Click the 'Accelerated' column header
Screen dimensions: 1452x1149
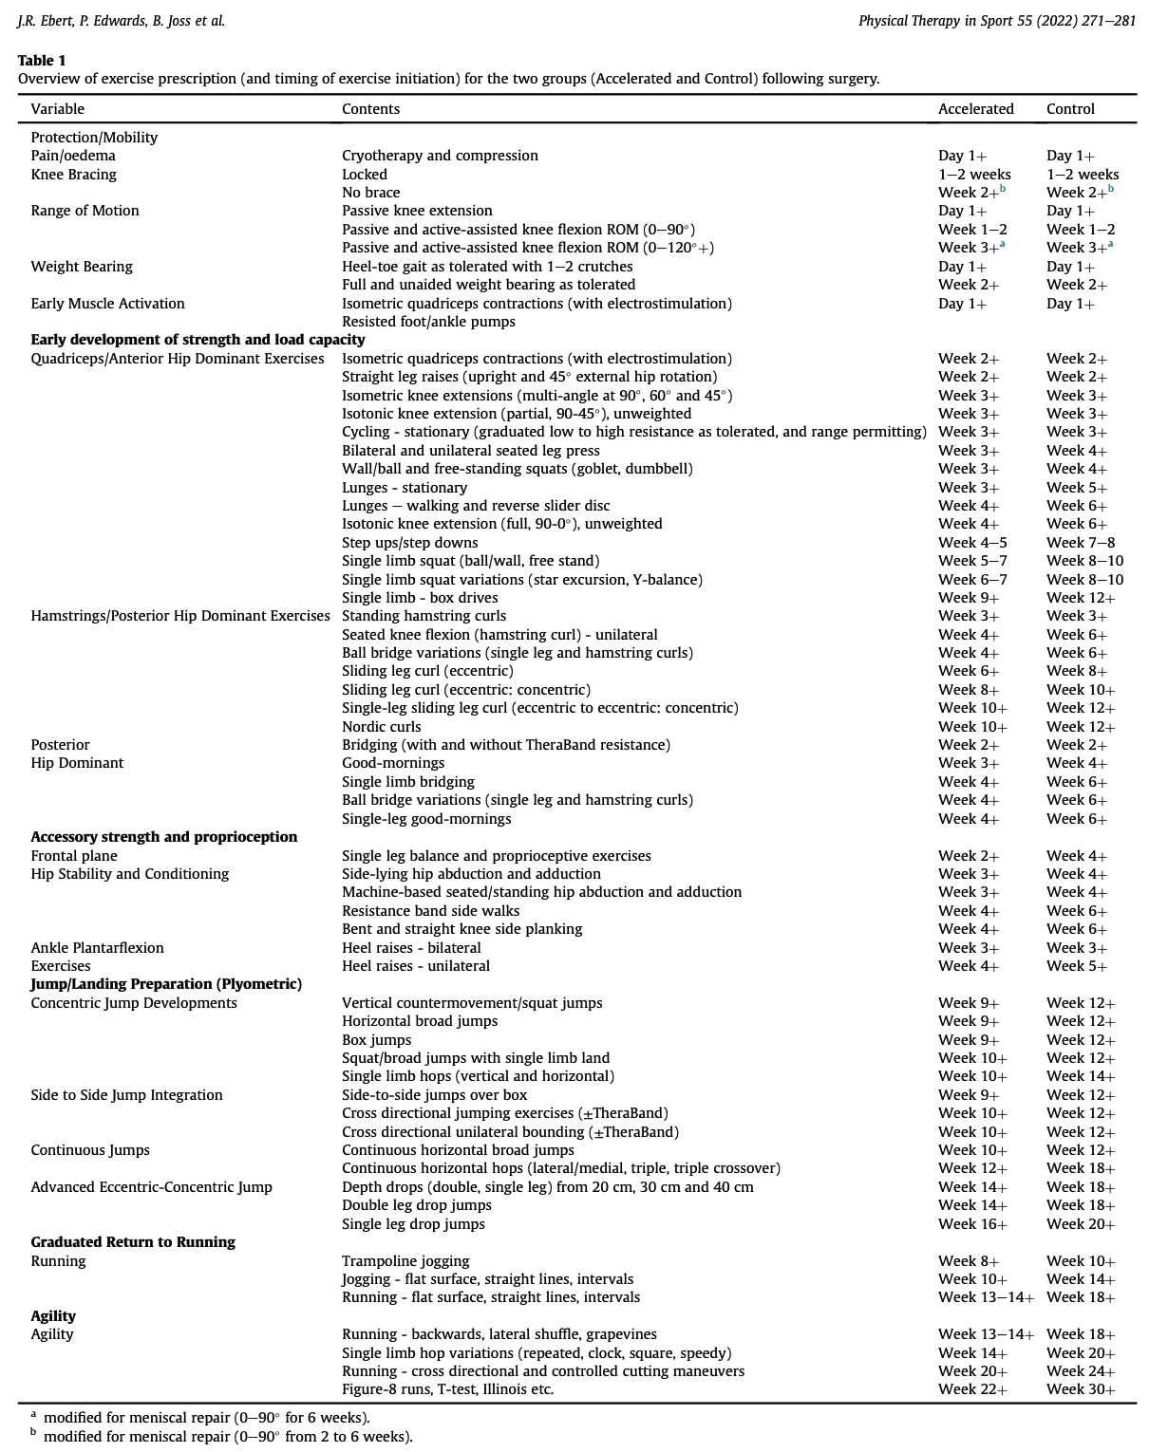tap(975, 109)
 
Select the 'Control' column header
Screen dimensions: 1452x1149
tap(1070, 109)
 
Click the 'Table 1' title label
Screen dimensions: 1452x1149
tap(42, 61)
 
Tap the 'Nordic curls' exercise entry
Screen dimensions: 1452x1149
tap(381, 727)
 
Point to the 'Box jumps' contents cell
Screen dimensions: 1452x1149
tap(376, 1040)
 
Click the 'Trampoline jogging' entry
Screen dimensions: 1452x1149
tap(405, 1261)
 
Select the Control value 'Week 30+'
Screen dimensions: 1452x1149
tap(1081, 1389)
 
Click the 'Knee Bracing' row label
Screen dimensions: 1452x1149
tap(73, 175)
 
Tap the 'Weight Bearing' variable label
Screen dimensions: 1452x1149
tap(82, 267)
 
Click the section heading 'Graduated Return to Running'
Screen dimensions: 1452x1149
tap(133, 1242)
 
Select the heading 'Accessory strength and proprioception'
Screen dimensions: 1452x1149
tap(163, 837)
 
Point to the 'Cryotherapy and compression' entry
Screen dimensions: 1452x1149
tap(440, 156)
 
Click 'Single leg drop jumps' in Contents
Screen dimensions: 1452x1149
tap(413, 1224)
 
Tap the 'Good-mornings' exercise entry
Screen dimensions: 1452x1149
tap(393, 763)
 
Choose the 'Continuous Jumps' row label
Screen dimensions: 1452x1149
tap(90, 1150)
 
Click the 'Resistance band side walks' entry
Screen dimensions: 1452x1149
tap(430, 911)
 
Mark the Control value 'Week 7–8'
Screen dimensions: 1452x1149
tap(1081, 543)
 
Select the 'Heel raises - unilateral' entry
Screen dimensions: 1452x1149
tap(416, 966)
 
